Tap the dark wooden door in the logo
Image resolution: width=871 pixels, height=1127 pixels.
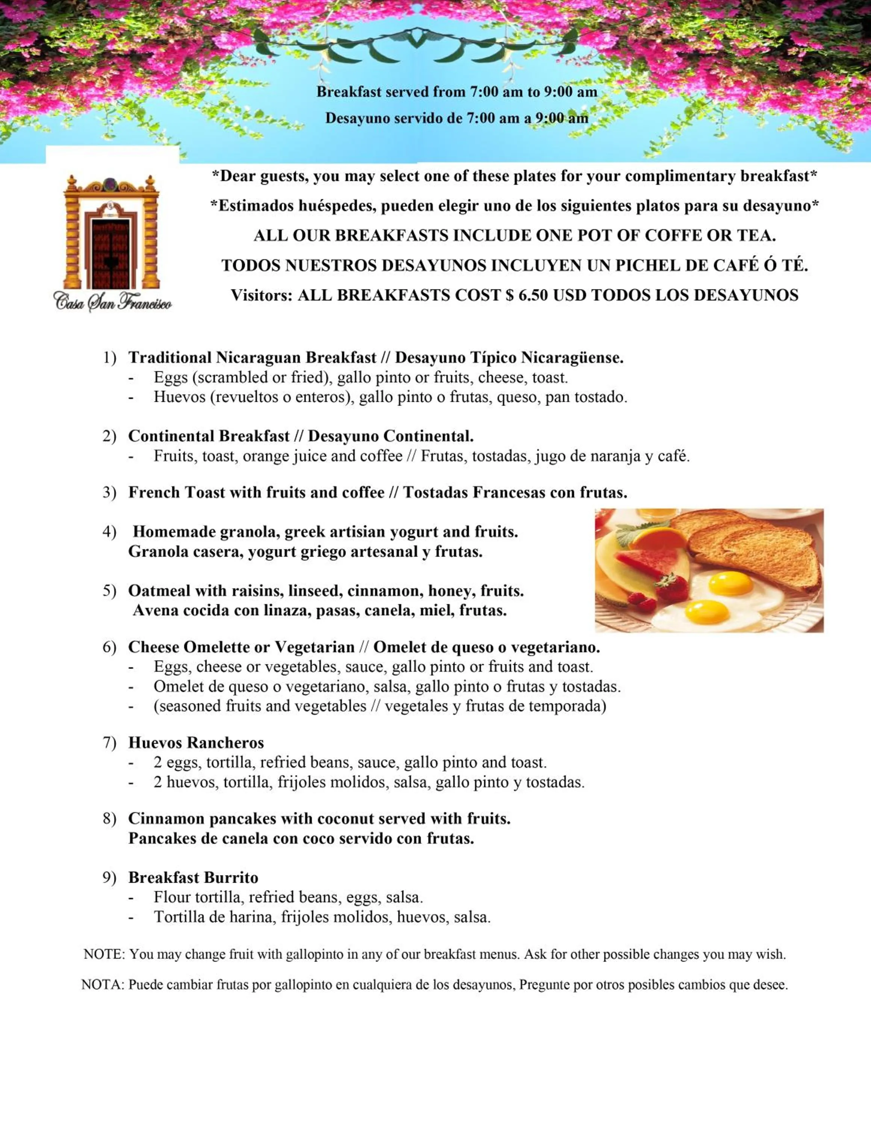click(110, 253)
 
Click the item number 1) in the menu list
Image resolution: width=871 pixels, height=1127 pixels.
click(109, 358)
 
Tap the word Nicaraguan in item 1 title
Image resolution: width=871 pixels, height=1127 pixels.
click(259, 358)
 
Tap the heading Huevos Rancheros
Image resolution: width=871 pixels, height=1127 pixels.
click(196, 743)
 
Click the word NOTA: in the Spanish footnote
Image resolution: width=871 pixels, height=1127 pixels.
click(103, 985)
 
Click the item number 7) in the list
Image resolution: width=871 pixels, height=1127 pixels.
click(109, 743)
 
